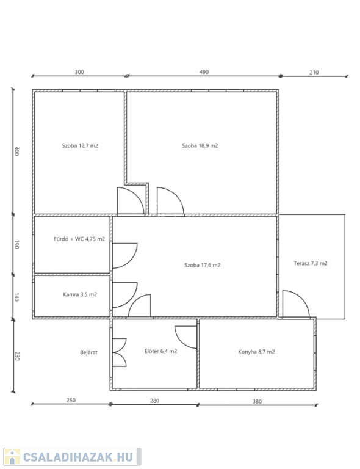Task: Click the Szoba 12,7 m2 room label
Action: pos(80,146)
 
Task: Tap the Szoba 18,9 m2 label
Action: pos(200,146)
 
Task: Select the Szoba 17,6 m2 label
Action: pos(202,265)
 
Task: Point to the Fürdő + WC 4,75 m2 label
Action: pos(79,239)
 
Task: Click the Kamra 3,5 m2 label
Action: pos(80,294)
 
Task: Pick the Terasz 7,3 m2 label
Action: pos(311,263)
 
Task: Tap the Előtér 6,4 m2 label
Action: pos(160,351)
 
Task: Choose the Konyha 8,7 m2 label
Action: pos(256,352)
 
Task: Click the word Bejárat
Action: pos(88,352)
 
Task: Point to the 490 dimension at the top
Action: pos(204,72)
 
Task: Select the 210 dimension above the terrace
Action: pos(314,73)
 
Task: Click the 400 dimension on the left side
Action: pos(16,151)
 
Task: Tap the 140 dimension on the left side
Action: pos(16,297)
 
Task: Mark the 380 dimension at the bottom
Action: pos(257,402)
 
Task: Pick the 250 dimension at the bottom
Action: pos(71,400)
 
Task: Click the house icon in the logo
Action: pos(12,457)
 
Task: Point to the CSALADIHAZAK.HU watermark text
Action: pos(77,457)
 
